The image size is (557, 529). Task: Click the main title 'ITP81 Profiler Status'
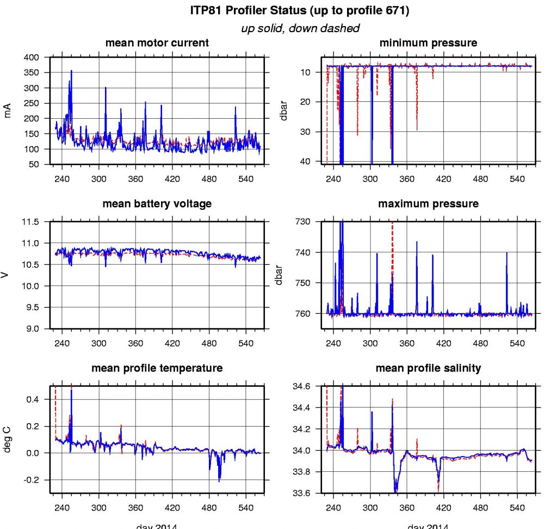300,10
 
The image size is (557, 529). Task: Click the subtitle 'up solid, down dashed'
300,28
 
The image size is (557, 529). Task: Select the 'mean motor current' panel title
157,42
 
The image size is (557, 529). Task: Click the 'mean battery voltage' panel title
157,204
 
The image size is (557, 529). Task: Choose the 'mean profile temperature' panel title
157,368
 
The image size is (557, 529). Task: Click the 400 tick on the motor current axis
33,57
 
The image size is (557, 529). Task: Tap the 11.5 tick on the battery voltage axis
32,222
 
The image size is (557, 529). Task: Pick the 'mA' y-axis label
8,110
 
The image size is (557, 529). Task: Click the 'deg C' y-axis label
8,439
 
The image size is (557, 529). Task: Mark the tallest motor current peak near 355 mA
71,71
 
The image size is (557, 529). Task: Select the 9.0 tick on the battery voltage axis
33,329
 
